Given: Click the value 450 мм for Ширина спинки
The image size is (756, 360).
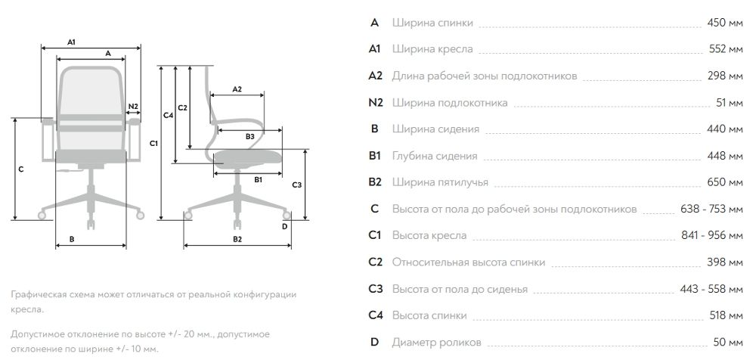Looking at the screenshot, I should (726, 23).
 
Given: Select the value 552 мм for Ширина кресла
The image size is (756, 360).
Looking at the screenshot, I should (726, 49).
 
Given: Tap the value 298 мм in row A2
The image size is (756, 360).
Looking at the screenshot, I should (726, 76).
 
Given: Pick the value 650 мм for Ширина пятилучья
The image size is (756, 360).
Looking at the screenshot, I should (726, 182).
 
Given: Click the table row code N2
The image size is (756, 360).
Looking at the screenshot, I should (375, 103).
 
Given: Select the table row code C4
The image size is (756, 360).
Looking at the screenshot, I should (375, 315).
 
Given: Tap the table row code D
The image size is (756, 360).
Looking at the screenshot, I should (375, 342).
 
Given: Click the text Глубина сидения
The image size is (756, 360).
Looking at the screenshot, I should (435, 156).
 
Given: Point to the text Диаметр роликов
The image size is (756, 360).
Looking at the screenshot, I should (435, 342).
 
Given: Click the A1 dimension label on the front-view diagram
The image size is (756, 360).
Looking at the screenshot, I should (71, 41).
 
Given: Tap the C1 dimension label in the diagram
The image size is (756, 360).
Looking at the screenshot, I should (153, 142).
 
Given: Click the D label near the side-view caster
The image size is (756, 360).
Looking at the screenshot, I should (284, 225).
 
